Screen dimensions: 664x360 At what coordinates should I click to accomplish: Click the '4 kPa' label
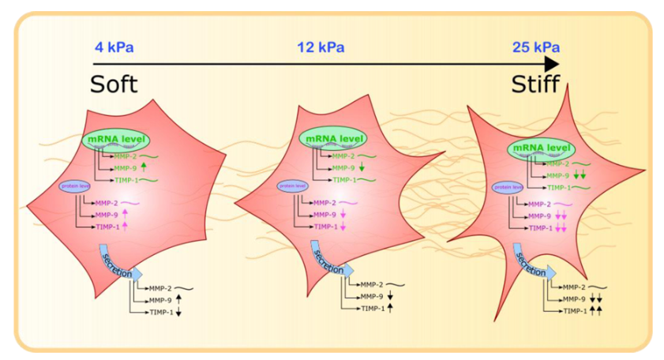tap(114, 47)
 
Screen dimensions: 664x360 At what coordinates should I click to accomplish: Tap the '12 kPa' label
tap(319, 47)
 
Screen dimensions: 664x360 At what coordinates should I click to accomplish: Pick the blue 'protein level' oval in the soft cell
tap(75, 186)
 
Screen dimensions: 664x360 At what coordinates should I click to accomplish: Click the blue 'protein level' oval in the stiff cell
tap(508, 187)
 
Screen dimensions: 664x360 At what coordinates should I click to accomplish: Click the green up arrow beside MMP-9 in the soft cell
tap(144, 167)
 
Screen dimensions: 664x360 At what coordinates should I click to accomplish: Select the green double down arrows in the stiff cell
tap(580, 175)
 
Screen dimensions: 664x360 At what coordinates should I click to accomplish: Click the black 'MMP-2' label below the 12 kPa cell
tap(372, 283)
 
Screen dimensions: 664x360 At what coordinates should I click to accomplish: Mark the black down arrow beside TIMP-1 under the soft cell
tap(178, 312)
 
